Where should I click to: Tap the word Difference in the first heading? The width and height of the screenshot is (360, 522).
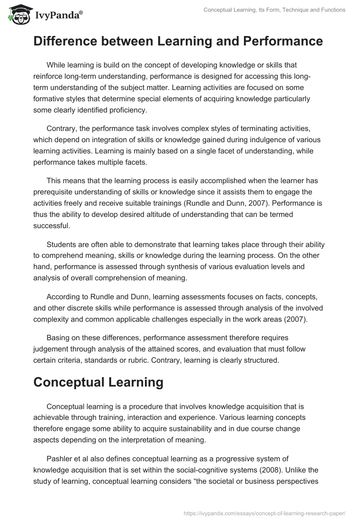[x=61, y=41]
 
